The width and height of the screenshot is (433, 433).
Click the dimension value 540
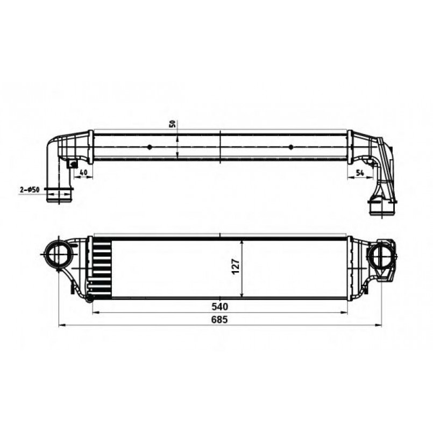tap(219, 307)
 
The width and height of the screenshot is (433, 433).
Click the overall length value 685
tap(219, 320)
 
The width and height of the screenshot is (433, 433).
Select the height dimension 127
tap(236, 266)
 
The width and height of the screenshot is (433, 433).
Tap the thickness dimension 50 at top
tap(173, 124)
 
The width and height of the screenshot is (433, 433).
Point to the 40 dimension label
tap(83, 172)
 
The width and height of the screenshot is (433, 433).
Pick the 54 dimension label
tap(360, 173)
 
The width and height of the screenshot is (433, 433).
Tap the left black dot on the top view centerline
tap(150, 147)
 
